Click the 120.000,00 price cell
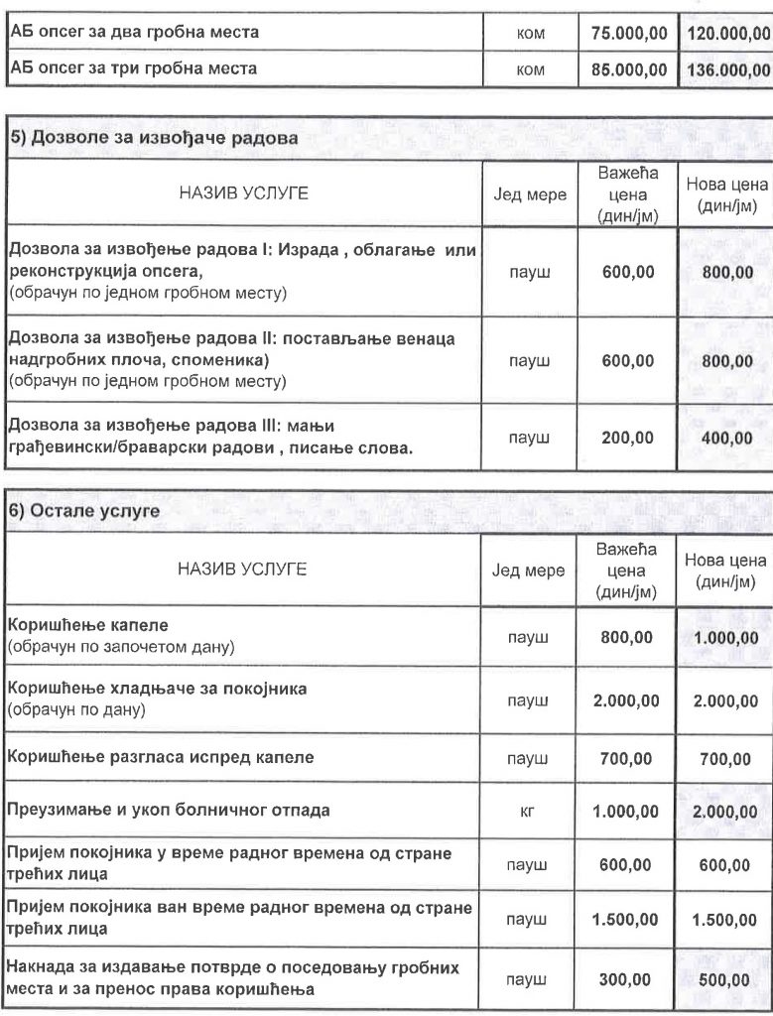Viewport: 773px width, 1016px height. point(727,33)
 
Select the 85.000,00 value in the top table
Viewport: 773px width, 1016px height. point(628,69)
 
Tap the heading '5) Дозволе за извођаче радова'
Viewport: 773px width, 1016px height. point(155,139)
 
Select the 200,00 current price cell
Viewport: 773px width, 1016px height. point(628,437)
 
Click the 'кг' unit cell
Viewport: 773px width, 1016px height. point(528,811)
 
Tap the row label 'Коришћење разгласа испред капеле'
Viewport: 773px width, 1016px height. point(161,757)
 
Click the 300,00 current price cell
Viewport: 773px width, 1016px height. point(628,979)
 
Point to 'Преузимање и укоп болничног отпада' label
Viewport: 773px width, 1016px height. point(170,811)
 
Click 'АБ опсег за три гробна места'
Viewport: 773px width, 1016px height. point(133,69)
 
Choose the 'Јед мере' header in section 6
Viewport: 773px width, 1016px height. point(529,571)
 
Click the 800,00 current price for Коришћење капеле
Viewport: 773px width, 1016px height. point(628,638)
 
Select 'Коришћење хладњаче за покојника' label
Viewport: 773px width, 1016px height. point(157,688)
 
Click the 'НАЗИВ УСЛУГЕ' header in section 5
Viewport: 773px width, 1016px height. point(242,194)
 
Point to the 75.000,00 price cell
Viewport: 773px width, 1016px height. point(628,33)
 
